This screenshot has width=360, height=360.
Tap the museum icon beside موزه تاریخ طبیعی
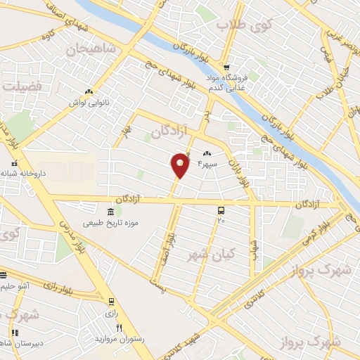[x=110, y=212]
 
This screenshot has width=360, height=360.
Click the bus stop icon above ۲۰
[x=221, y=210]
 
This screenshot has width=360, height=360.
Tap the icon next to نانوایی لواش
[x=88, y=91]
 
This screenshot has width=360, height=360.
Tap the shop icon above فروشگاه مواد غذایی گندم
[x=226, y=64]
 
